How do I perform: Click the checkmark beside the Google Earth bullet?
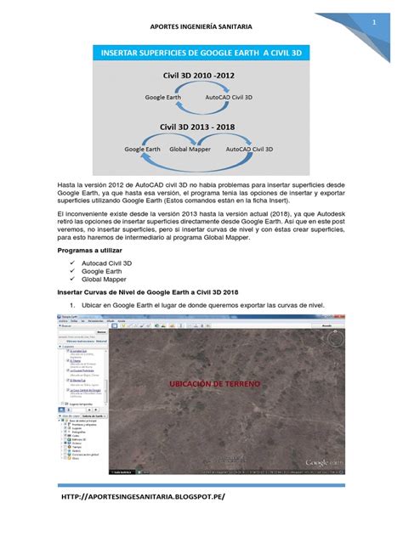pos(74,277)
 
